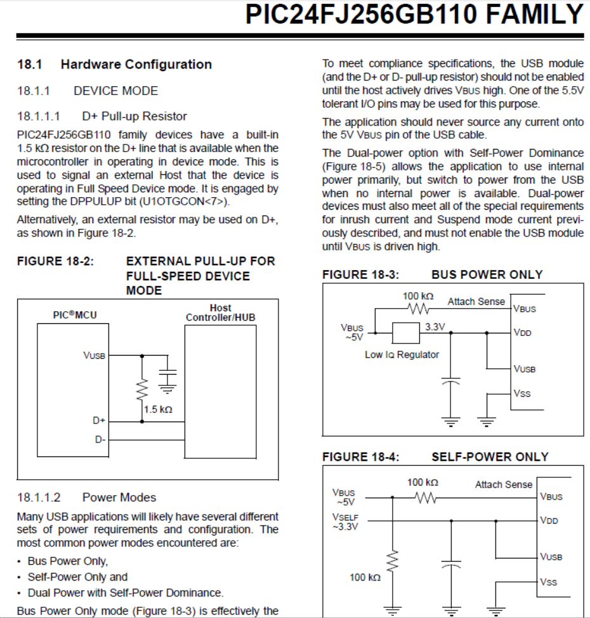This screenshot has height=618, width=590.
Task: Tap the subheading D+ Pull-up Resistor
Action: [x=134, y=116]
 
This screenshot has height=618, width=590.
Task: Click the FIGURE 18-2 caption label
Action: [x=56, y=261]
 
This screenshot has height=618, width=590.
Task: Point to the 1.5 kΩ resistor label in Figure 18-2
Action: [x=159, y=409]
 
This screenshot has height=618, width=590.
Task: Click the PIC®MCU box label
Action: [x=75, y=314]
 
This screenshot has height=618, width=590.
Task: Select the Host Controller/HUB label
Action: [x=220, y=312]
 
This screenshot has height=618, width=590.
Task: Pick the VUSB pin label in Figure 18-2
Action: [x=94, y=356]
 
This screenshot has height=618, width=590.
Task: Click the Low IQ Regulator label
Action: [x=402, y=354]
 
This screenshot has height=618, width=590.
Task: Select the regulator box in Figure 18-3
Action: [x=405, y=333]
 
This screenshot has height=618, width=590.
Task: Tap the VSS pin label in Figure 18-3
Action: [x=522, y=394]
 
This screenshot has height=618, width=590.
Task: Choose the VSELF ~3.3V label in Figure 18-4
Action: [x=345, y=522]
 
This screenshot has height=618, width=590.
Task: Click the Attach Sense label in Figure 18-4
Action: [x=504, y=484]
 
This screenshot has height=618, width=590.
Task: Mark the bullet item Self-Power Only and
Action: [x=77, y=577]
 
